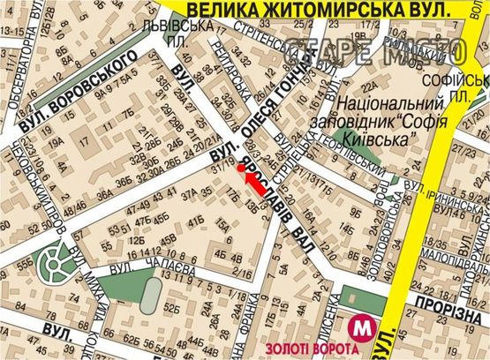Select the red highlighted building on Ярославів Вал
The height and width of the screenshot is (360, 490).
click(255, 183)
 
